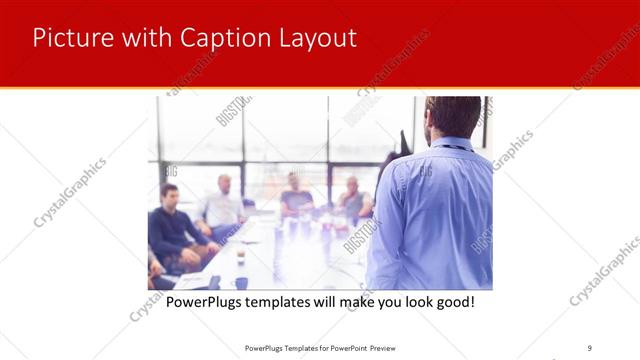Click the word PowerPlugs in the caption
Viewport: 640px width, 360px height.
pos(204,301)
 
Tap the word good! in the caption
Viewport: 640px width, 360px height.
pos(450,301)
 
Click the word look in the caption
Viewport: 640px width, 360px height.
pos(408,301)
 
